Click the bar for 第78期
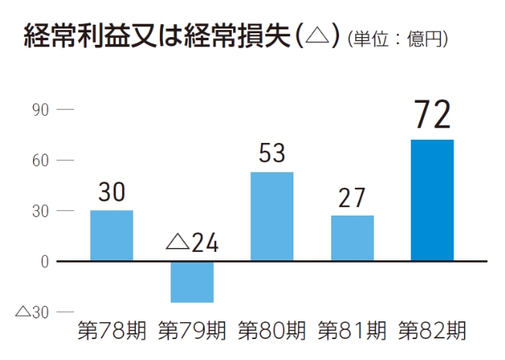[x=111, y=236]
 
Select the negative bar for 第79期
[x=191, y=281]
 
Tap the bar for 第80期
[x=272, y=216]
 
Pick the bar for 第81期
[x=352, y=238]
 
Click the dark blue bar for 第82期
[x=432, y=200]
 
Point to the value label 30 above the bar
[x=112, y=192]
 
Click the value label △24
[x=192, y=243]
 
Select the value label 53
[x=272, y=153]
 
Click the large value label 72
[x=432, y=114]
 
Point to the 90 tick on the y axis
[x=41, y=110]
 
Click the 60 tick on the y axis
[x=41, y=161]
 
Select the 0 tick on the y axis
[x=45, y=261]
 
